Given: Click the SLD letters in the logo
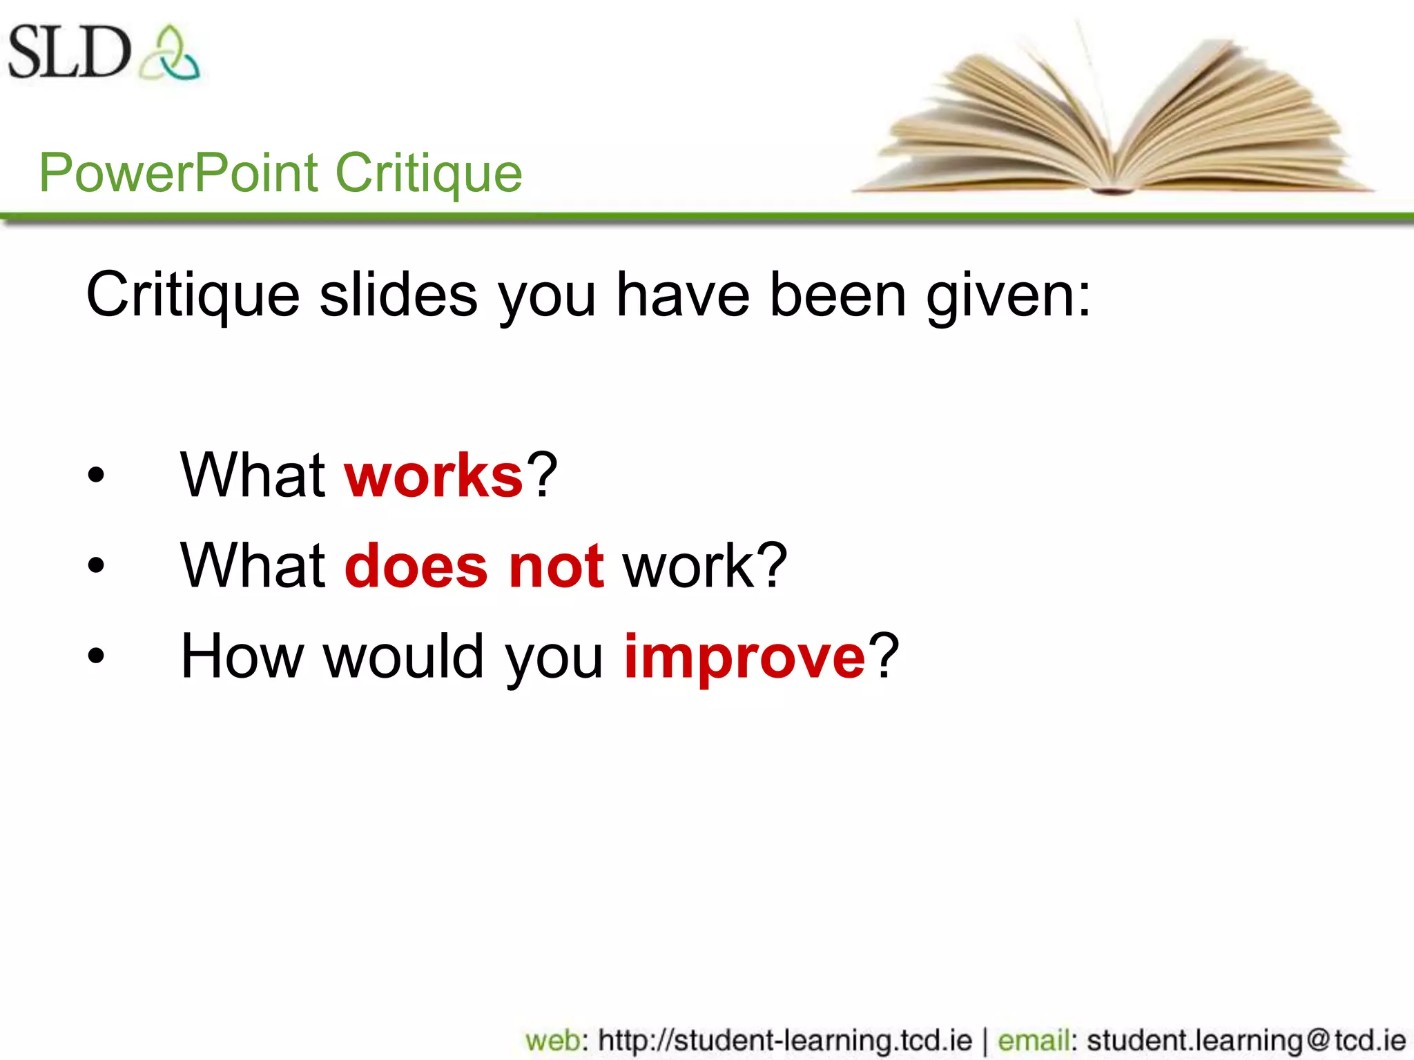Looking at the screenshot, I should coord(69,52).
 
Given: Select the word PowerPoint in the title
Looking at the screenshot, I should coord(179,173).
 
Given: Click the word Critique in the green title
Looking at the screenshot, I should coord(429,173).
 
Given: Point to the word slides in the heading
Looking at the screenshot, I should coord(398,295).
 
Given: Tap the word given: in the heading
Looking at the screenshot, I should coord(1009,295).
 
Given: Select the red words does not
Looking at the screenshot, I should coord(475,566).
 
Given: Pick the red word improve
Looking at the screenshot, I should coord(744,656).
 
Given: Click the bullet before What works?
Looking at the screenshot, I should coord(96,475).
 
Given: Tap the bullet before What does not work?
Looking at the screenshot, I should coord(96,566).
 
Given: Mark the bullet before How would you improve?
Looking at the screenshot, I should coord(96,656).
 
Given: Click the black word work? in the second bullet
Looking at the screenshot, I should coord(705,566).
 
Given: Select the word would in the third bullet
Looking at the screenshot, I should coord(404,656).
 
